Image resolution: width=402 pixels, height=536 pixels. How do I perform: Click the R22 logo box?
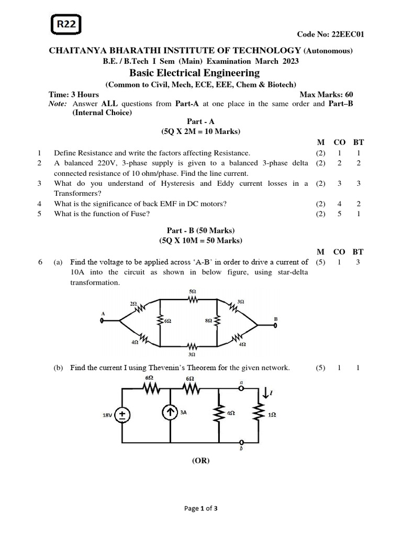(x=66, y=24)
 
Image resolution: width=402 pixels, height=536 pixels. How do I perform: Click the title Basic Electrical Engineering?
(x=194, y=73)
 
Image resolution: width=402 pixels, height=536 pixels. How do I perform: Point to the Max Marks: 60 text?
(x=326, y=94)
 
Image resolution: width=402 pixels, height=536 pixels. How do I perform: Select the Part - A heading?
(x=201, y=121)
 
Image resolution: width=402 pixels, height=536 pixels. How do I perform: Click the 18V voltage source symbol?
(x=123, y=415)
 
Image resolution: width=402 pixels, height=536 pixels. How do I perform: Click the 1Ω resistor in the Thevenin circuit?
(x=258, y=414)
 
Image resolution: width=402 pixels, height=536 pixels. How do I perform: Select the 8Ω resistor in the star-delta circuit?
(x=216, y=320)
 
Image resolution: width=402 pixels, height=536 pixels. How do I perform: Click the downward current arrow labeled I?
(x=266, y=392)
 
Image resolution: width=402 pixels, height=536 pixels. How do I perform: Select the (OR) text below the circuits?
(x=200, y=461)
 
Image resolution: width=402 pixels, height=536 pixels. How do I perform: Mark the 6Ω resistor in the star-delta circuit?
(x=160, y=320)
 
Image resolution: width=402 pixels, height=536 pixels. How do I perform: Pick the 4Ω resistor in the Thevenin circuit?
(x=216, y=414)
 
